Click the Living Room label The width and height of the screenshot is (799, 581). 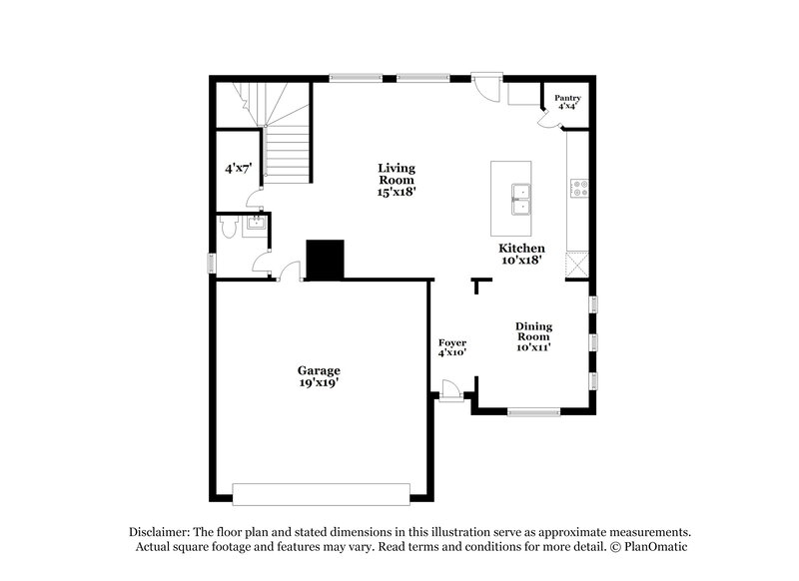click(x=396, y=180)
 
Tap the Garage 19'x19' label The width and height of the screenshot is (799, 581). click(x=319, y=375)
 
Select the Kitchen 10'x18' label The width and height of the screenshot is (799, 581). click(x=522, y=254)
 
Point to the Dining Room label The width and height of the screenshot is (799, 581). click(x=533, y=336)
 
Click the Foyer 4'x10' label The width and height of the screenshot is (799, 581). click(x=452, y=347)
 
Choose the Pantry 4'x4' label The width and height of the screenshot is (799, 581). click(x=567, y=102)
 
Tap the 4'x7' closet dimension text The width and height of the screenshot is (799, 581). click(x=238, y=169)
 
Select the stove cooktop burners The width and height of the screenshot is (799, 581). click(x=578, y=187)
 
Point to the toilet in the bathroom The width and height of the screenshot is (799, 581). click(x=229, y=228)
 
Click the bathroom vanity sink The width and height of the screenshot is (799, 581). click(x=255, y=223)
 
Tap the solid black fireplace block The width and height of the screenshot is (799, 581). click(x=325, y=260)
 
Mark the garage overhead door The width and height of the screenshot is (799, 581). click(x=321, y=494)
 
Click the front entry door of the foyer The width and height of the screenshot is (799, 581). click(x=450, y=392)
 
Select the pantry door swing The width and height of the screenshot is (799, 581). click(x=546, y=119)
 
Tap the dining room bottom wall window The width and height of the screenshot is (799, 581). click(x=533, y=410)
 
